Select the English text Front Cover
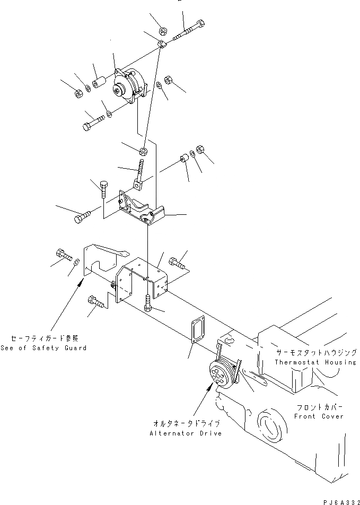click(x=319, y=416)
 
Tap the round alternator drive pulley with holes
click(x=221, y=373)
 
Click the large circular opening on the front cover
click(x=270, y=428)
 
